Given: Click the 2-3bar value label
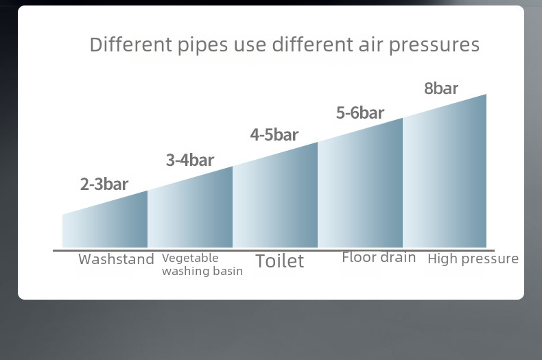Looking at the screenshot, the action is (x=104, y=184).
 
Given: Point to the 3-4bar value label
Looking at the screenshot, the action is (x=190, y=160).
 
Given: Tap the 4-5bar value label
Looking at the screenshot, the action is (x=274, y=134).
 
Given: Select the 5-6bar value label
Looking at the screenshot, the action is (x=360, y=113).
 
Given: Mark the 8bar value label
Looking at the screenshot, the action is (x=441, y=88).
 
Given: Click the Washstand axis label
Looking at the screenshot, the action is (x=116, y=259).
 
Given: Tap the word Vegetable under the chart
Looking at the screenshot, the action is (x=190, y=258).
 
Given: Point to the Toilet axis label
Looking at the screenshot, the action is (x=280, y=261).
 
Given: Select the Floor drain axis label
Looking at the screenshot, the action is (x=379, y=257).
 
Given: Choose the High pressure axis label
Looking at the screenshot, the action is (x=473, y=259).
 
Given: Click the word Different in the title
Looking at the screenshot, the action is (x=130, y=45).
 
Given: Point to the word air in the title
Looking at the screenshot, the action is (x=371, y=45).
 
